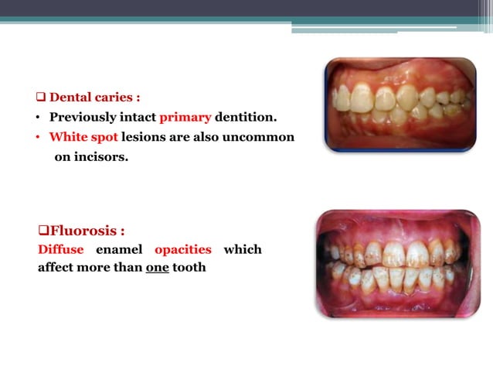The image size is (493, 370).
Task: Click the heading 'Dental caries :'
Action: [94, 98]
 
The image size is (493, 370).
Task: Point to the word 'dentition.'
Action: [246, 118]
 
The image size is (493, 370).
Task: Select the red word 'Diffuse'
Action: [60, 250]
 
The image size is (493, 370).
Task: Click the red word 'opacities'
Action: [182, 250]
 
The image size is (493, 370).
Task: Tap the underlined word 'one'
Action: [158, 269]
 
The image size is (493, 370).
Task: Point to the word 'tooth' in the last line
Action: [189, 269]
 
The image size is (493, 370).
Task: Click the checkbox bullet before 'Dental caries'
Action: [42, 98]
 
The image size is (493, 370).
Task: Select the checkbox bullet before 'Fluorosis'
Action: [43, 231]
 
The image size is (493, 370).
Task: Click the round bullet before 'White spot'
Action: [40, 138]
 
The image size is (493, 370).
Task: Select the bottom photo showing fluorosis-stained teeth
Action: [397, 263]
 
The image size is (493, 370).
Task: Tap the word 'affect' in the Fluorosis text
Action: [57, 269]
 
